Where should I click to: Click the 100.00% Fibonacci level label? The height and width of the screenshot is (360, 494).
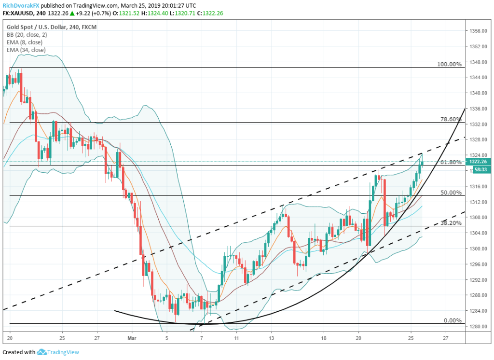[x=449, y=64]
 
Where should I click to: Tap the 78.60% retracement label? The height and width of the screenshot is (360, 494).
[x=451, y=119]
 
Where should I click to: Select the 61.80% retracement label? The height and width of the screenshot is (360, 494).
[x=451, y=162]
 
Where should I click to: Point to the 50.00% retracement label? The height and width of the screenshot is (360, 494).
[x=451, y=193]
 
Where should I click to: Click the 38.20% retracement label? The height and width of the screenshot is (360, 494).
[x=451, y=223]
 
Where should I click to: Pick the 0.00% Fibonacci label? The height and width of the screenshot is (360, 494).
[x=452, y=320]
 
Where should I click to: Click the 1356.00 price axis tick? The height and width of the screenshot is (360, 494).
[x=477, y=31]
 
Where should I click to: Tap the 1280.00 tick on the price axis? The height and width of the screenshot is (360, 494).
[x=477, y=326]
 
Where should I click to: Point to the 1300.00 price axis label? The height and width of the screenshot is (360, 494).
[x=477, y=249]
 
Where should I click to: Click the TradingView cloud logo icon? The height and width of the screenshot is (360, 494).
[x=41, y=352]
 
